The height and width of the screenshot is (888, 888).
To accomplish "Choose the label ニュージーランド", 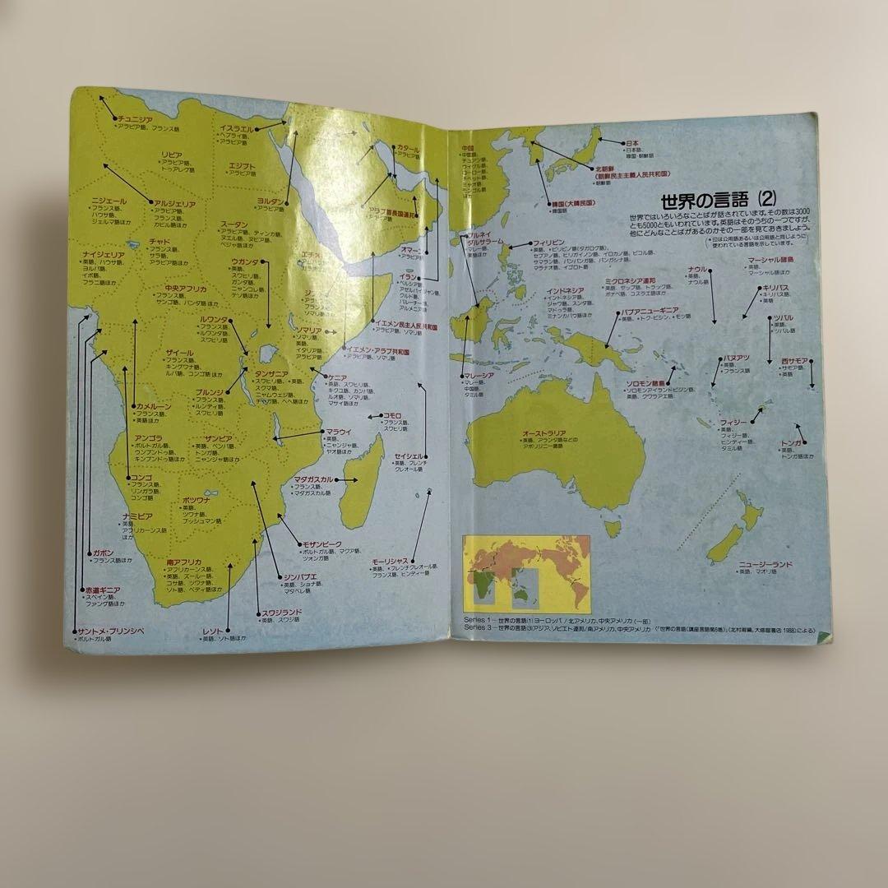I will [x=765, y=565].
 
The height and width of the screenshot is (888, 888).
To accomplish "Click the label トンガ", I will [x=791, y=442].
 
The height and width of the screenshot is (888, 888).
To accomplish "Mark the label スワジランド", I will [x=281, y=612].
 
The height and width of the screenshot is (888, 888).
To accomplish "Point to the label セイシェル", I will [x=408, y=455].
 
